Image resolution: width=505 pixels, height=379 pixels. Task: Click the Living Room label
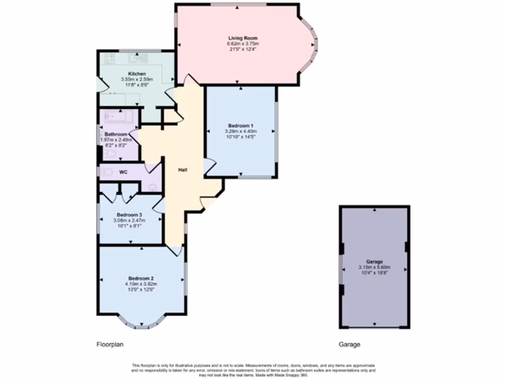coord(243,38)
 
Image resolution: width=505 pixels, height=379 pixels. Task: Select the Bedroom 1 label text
coord(241,125)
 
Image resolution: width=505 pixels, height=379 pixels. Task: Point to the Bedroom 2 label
coord(141,278)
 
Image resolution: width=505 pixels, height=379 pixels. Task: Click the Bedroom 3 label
coord(130,215)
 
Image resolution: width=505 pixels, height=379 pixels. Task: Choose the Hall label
coord(182,170)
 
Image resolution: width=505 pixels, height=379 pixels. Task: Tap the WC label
coord(123,172)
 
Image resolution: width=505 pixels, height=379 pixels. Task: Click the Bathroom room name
coord(116,134)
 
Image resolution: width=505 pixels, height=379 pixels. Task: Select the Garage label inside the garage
coord(374,262)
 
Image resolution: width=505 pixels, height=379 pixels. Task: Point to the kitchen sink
coord(139,59)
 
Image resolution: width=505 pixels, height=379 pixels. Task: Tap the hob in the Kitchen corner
coord(109,60)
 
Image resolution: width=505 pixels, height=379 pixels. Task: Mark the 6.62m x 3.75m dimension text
coord(243,43)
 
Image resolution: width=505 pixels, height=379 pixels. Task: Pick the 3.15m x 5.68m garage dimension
coord(374,267)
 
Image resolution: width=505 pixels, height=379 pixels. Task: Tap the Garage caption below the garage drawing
coord(349,344)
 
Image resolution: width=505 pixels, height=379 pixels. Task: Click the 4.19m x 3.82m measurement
coord(141,284)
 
